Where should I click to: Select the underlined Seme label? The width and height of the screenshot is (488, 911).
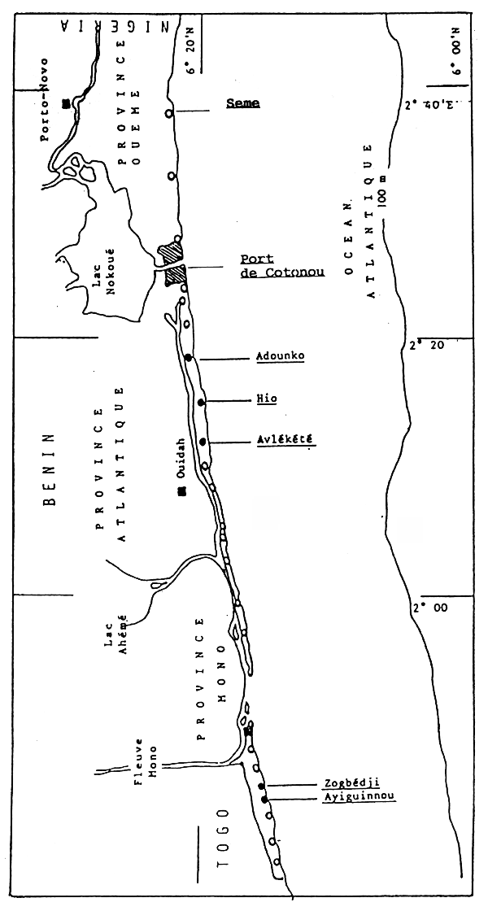coord(242,103)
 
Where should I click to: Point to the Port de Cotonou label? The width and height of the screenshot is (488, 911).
coord(281,266)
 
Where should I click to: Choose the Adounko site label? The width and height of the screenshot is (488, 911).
coord(278,357)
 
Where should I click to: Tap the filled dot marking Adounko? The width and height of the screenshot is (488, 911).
coord(188,358)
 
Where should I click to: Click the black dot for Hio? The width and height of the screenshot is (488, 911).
coord(200,403)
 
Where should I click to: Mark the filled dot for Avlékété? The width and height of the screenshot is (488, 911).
coord(203,442)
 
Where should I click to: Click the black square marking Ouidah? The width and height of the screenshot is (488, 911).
coord(181,490)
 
